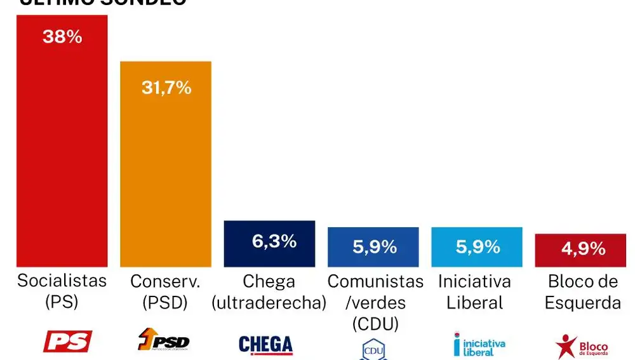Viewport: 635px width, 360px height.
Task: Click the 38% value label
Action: click(x=62, y=37)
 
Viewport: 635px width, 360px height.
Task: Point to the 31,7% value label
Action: click(x=166, y=87)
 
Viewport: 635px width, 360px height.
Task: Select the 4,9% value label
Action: click(x=583, y=249)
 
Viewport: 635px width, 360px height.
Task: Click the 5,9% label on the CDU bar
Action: click(x=374, y=246)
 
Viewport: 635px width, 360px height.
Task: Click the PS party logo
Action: click(x=67, y=342)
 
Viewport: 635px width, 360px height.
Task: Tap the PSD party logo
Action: click(x=163, y=341)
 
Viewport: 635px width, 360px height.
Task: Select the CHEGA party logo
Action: click(x=265, y=344)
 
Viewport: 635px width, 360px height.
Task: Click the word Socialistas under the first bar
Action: click(x=62, y=281)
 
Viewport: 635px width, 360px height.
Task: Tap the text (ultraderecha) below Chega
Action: click(x=269, y=302)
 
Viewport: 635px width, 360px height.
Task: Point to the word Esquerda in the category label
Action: click(x=584, y=302)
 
